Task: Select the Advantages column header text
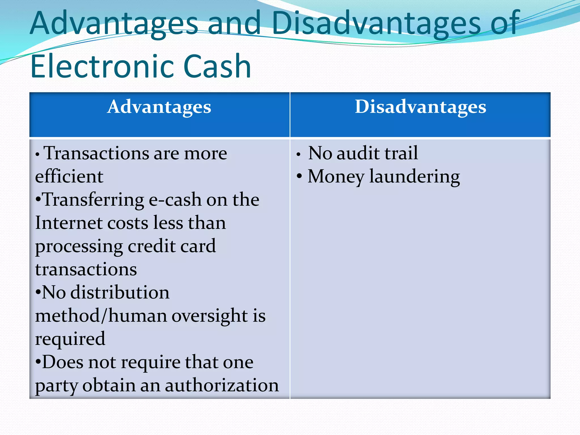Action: (x=159, y=107)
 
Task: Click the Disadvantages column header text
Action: (x=421, y=107)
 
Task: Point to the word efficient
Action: (x=69, y=176)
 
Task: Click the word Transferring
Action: (x=93, y=200)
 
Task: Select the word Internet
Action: (x=69, y=223)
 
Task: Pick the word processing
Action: (x=79, y=246)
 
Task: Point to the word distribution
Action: (x=120, y=292)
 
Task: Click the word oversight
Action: (x=210, y=316)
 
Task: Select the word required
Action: (x=70, y=339)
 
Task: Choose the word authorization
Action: (x=222, y=385)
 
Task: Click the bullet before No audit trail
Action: (x=298, y=155)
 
